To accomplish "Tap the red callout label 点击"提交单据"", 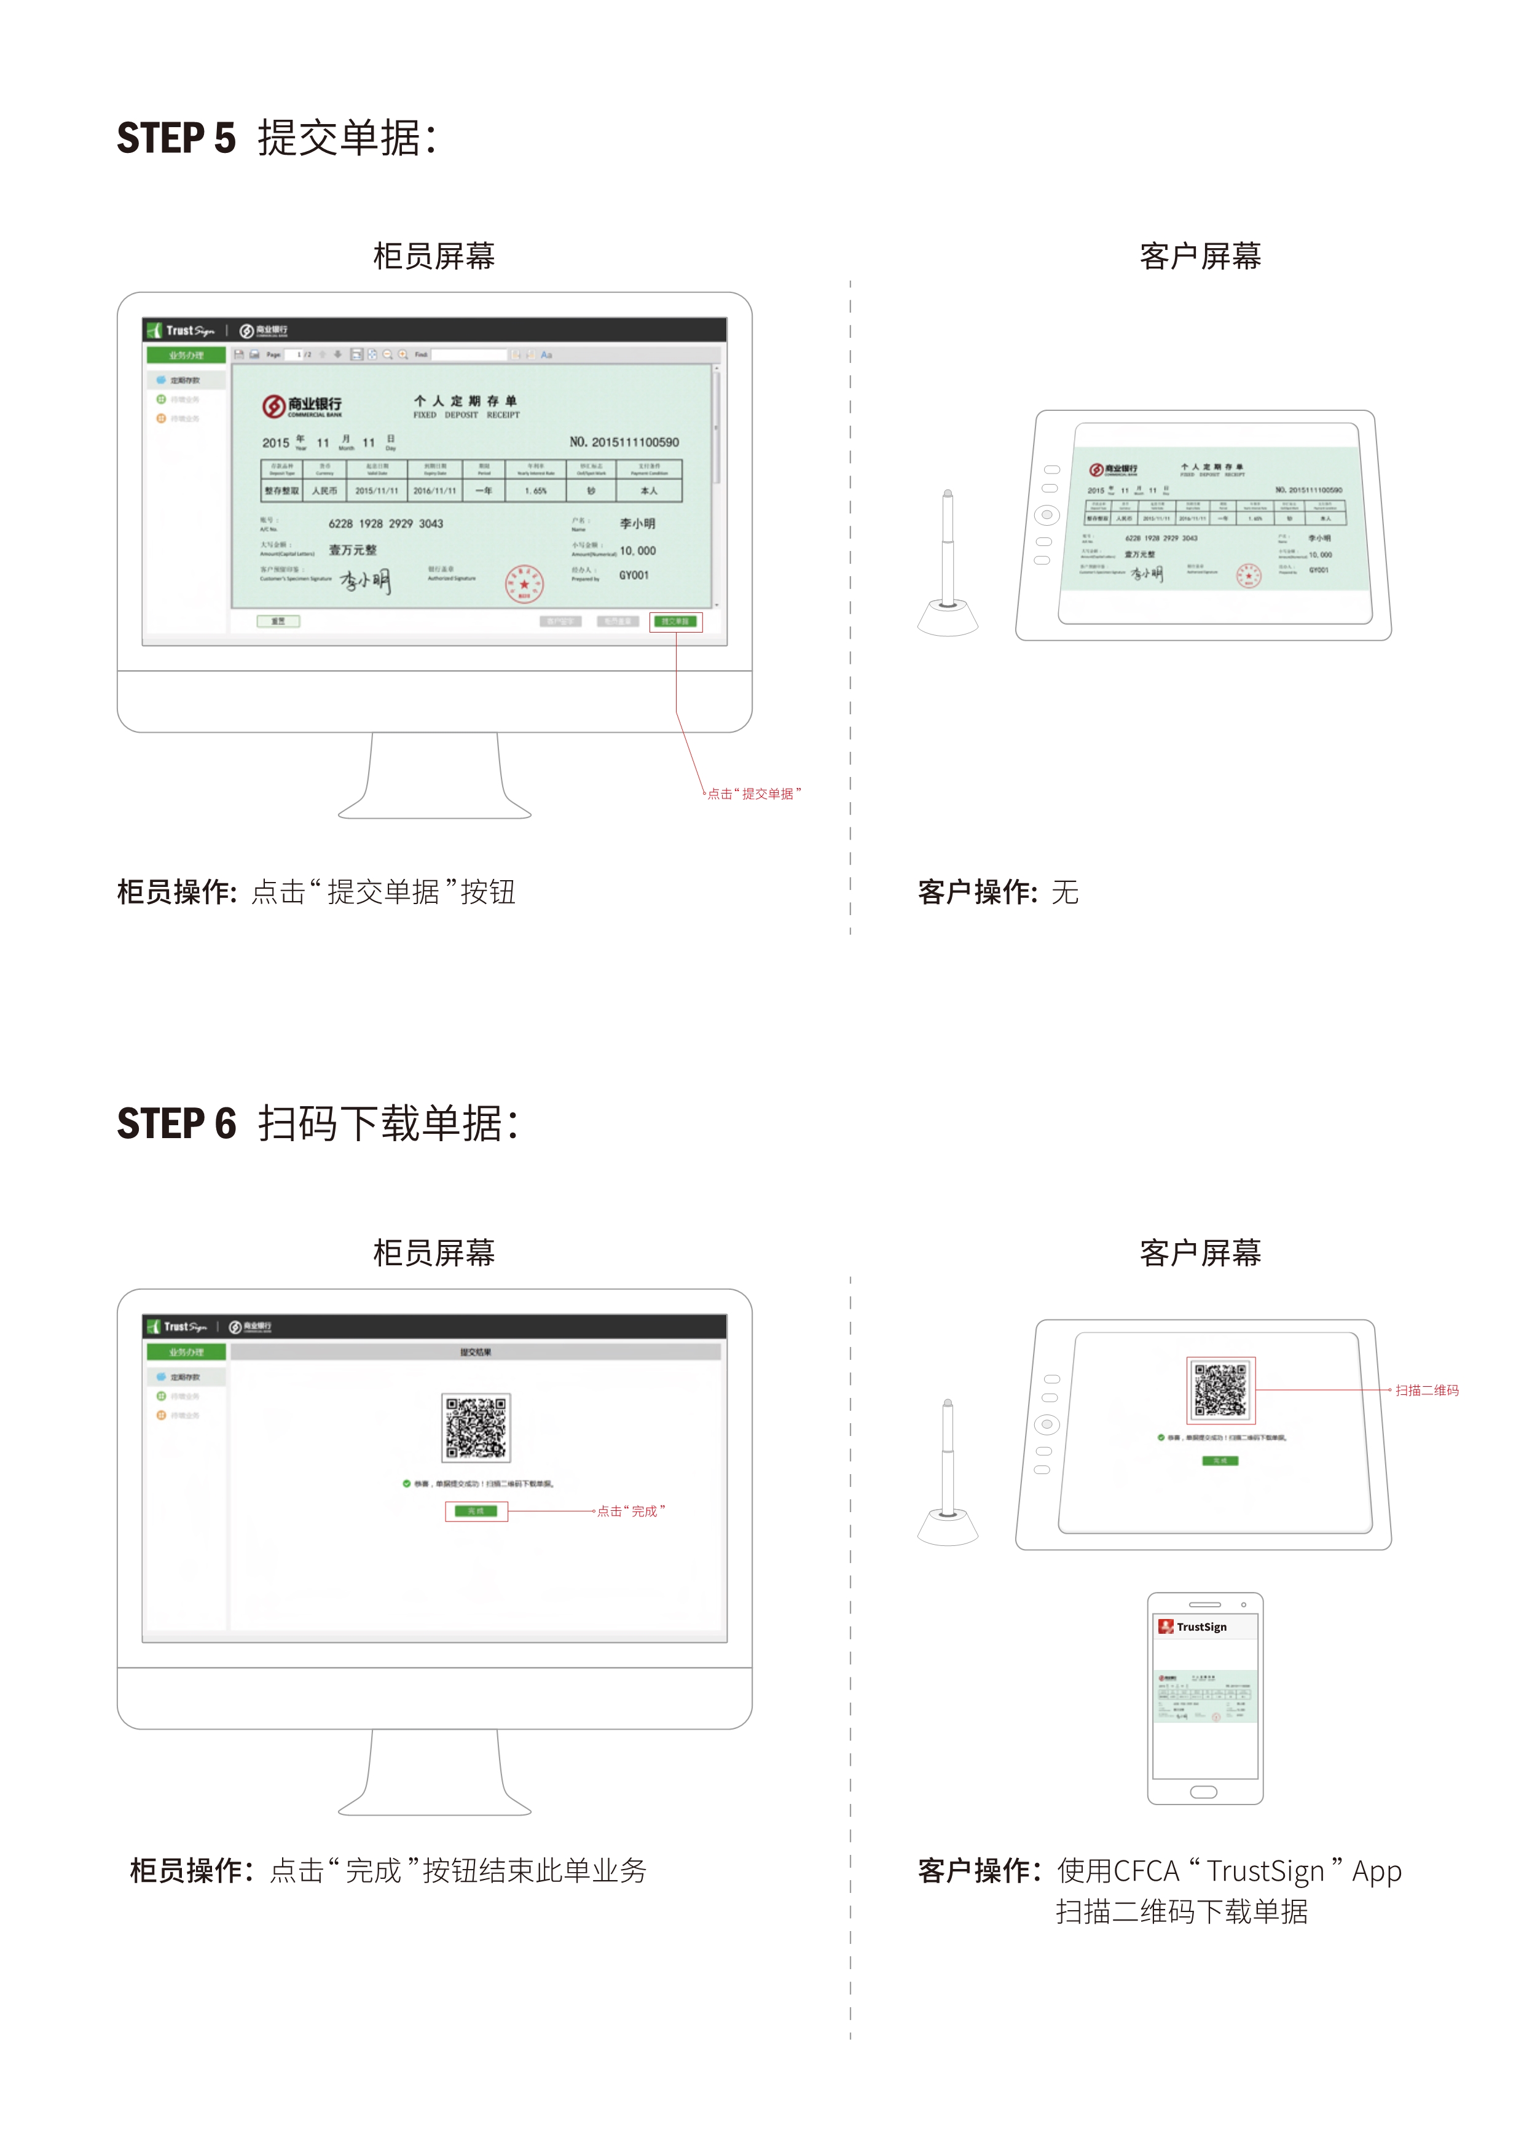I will [x=753, y=794].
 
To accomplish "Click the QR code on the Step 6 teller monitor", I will [x=476, y=1428].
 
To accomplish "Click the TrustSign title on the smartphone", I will [x=1201, y=1627].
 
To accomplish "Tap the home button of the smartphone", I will [x=1204, y=1792].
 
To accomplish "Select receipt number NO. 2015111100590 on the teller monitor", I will [x=624, y=442].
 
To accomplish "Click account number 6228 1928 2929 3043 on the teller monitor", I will [x=386, y=523].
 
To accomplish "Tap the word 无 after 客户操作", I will [x=1064, y=892].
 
